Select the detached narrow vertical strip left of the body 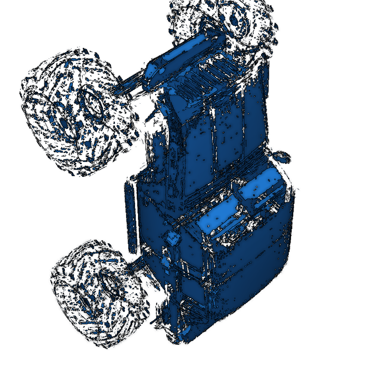(x=131, y=216)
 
